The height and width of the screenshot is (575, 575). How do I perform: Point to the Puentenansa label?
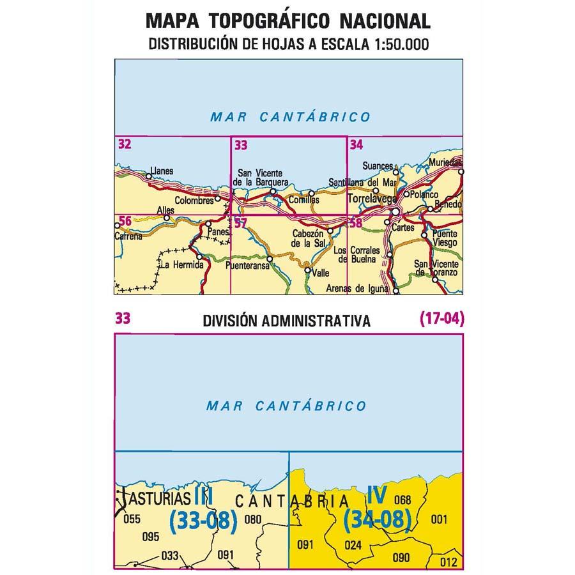click(x=247, y=269)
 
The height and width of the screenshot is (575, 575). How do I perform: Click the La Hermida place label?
click(x=183, y=264)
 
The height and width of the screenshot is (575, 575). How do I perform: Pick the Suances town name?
click(x=378, y=166)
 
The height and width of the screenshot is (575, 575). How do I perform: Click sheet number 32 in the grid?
click(x=125, y=144)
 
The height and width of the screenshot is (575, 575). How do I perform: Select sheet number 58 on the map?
click(x=356, y=222)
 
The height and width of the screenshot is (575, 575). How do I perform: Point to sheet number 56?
click(x=125, y=221)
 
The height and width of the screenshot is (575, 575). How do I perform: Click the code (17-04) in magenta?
click(x=441, y=318)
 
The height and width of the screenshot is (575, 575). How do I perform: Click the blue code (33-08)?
click(x=203, y=521)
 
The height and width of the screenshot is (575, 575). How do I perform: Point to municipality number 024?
click(x=353, y=545)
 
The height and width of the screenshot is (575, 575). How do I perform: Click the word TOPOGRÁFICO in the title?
click(x=269, y=21)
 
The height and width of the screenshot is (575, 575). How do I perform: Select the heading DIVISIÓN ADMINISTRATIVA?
click(x=286, y=321)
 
